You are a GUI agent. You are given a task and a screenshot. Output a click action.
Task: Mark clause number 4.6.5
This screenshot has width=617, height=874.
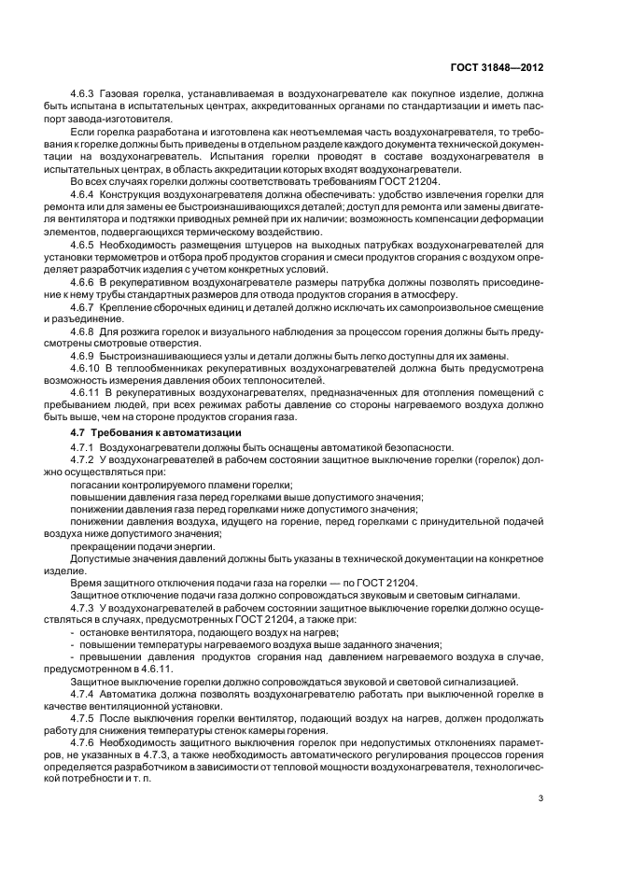pos(85,243)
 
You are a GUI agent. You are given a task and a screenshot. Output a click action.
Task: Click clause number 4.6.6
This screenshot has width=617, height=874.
pos(85,279)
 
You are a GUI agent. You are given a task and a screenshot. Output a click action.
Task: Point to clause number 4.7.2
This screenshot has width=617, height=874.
pos(85,461)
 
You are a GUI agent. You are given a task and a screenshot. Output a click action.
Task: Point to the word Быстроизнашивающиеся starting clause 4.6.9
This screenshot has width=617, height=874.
pos(162,355)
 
